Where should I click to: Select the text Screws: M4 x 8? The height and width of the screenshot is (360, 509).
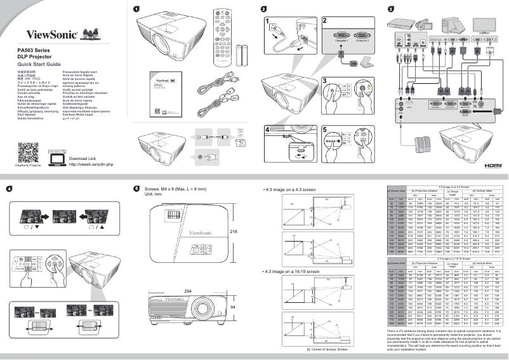click(161, 189)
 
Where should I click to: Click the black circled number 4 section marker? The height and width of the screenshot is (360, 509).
click(9, 188)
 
